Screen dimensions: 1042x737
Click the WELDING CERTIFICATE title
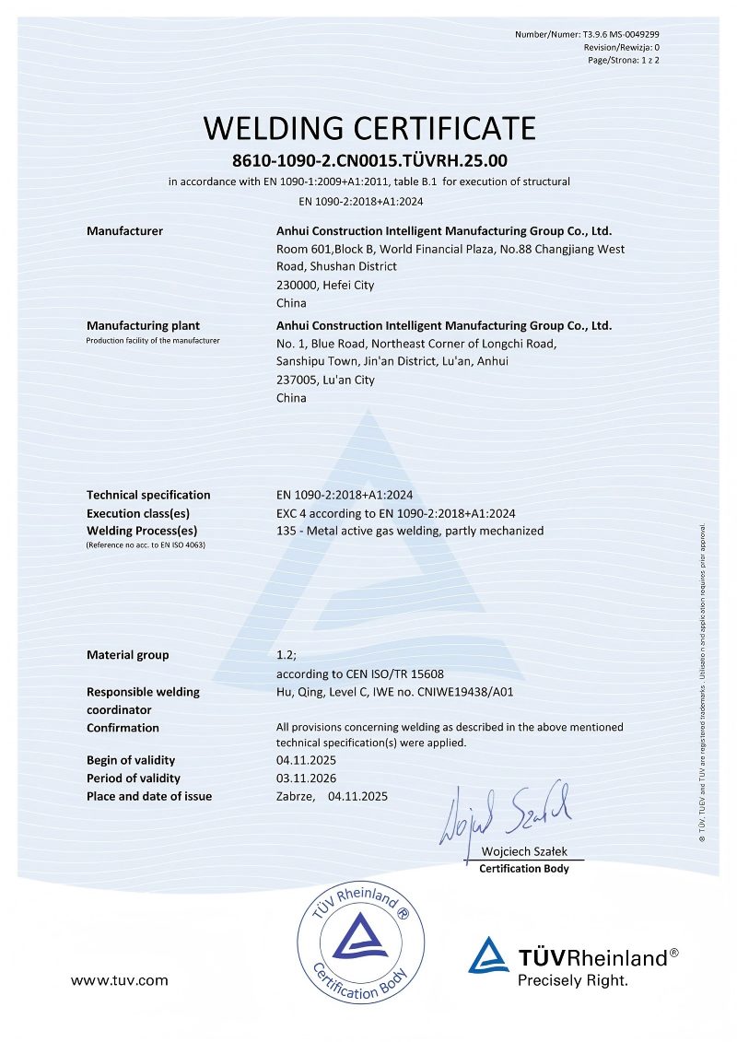click(368, 127)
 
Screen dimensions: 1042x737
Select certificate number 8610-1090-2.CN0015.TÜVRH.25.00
click(368, 160)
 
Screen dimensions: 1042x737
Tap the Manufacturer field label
click(124, 231)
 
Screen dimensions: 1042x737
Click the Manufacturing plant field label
click(143, 325)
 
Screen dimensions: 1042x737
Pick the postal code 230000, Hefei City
click(325, 285)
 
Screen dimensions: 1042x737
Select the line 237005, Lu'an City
click(325, 380)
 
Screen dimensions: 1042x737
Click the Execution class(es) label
click(138, 513)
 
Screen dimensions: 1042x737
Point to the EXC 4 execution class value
click(395, 513)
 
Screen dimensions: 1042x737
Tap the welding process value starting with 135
click(410, 531)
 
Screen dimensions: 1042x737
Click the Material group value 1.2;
click(286, 655)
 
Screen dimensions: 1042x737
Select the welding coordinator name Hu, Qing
click(300, 692)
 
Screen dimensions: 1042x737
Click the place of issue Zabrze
click(296, 796)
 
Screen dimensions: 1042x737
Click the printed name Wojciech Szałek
click(523, 853)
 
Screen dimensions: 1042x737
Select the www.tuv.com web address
click(120, 980)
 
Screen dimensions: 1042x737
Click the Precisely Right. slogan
click(572, 981)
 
